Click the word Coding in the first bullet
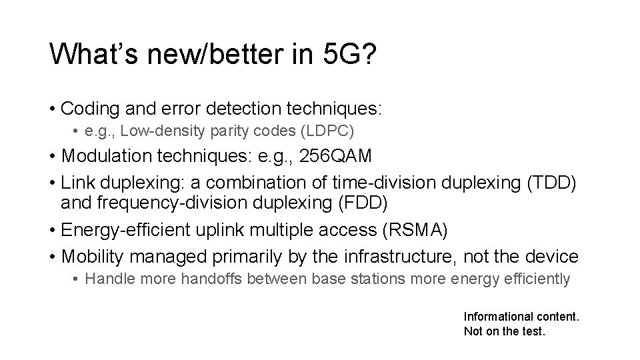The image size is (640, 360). (86, 107)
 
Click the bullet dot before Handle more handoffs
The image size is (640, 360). (77, 279)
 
